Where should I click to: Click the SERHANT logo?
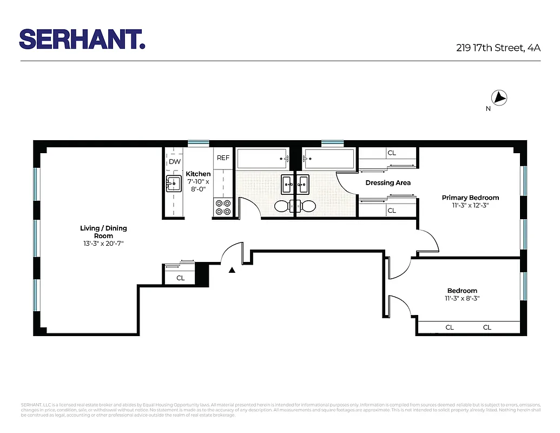tap(82, 39)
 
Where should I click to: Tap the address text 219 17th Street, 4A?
tap(498, 48)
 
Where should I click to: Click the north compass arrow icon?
tap(499, 98)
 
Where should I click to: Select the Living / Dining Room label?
tap(103, 232)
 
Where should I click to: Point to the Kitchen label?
tap(198, 174)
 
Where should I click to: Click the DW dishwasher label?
tap(174, 162)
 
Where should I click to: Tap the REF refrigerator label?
tap(223, 158)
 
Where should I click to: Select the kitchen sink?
tap(173, 184)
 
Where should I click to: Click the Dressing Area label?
tap(387, 183)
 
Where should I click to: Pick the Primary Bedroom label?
tap(470, 198)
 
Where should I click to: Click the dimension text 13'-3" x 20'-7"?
tap(103, 244)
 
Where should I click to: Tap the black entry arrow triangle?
tap(232, 270)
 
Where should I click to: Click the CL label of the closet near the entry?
tap(181, 278)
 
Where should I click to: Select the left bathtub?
tap(262, 159)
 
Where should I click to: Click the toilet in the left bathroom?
tap(282, 206)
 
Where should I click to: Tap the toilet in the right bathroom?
tap(307, 206)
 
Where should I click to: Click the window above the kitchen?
tap(199, 143)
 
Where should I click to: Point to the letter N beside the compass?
tap(488, 109)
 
